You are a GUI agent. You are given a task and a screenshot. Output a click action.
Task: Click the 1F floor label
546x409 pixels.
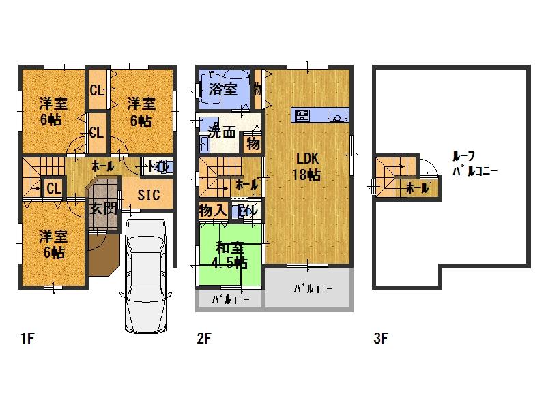point(27,337)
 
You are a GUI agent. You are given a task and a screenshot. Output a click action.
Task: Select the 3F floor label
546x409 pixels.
point(381,337)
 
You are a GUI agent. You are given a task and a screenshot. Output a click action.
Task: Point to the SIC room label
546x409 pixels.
point(148,196)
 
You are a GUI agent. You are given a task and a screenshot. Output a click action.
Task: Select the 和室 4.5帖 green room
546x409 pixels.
point(230,255)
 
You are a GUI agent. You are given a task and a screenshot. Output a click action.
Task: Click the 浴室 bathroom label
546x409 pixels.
point(222,89)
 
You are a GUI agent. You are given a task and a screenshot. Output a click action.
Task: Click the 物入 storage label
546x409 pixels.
point(213,210)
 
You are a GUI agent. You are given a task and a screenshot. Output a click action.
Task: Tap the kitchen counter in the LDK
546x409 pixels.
point(320,115)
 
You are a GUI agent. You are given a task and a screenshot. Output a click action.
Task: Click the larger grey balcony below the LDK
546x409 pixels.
point(308,288)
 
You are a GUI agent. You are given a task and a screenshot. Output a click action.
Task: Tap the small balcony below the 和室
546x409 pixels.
point(229,299)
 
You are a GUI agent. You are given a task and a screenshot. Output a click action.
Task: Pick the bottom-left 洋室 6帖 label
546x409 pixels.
point(53,244)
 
